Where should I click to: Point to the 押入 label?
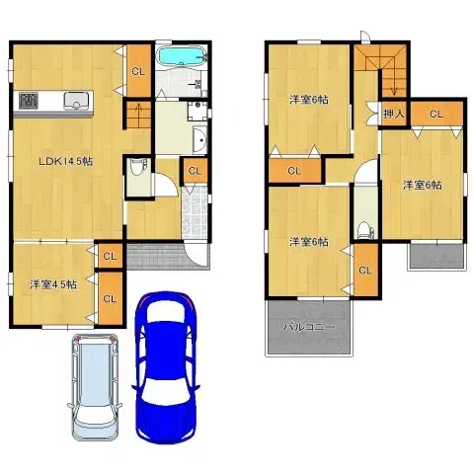[393, 115]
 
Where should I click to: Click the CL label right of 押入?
[435, 115]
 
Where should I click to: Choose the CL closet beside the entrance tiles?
[194, 171]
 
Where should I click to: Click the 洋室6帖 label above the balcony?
[307, 241]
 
